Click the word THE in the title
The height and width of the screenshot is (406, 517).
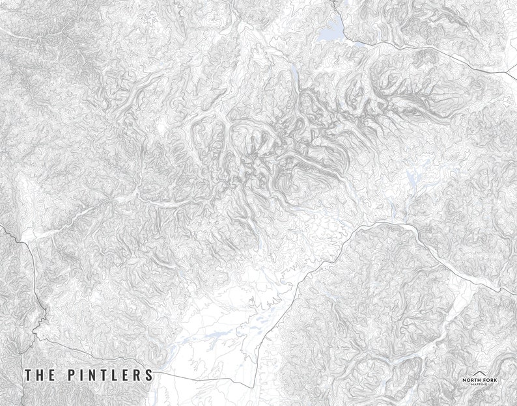[x=40, y=375]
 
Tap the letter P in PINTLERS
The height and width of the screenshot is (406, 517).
[x=70, y=375]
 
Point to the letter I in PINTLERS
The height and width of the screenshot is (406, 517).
[x=80, y=375]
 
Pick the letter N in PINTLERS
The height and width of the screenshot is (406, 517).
[x=91, y=375]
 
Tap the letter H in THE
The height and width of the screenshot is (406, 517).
[x=40, y=375]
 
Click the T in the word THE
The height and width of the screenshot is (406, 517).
[x=28, y=375]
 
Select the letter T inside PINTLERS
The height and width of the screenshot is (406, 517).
[x=103, y=375]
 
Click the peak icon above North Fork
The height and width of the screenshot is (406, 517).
[x=479, y=372]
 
